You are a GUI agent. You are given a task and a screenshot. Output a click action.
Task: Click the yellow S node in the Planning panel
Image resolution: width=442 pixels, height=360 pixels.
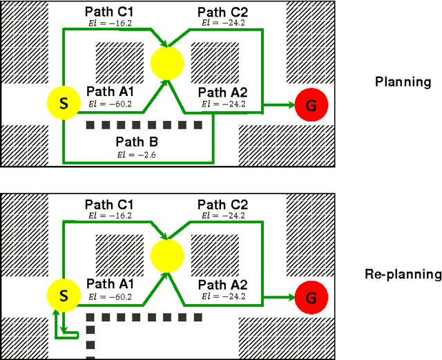coord(64,104)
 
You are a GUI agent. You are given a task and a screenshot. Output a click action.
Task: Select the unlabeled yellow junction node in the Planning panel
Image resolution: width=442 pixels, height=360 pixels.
coord(167,61)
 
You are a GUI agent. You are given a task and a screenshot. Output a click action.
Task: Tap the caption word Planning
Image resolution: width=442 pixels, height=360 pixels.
coord(403,82)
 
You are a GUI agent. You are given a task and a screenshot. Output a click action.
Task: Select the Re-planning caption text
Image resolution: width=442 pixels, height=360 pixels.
coord(403,274)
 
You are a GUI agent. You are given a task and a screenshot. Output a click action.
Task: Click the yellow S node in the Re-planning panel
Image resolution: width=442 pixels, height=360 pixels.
coord(64,296)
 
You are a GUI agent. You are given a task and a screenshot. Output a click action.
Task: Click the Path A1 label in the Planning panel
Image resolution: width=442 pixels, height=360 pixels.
coord(110,92)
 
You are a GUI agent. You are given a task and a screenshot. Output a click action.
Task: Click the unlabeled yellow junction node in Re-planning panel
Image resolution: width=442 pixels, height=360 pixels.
coord(167,254)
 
